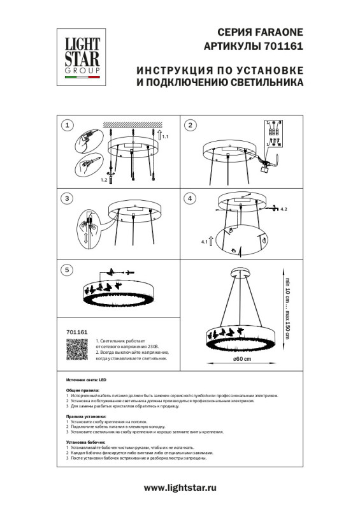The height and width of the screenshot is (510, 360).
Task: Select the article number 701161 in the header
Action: click(285, 47)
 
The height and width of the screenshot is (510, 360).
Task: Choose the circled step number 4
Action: click(189, 198)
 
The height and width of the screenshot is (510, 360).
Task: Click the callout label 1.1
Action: click(166, 138)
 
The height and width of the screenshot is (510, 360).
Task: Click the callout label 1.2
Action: click(103, 180)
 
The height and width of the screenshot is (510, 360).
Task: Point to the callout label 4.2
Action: click(284, 209)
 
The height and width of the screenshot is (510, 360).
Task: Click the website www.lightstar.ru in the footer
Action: click(181, 488)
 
